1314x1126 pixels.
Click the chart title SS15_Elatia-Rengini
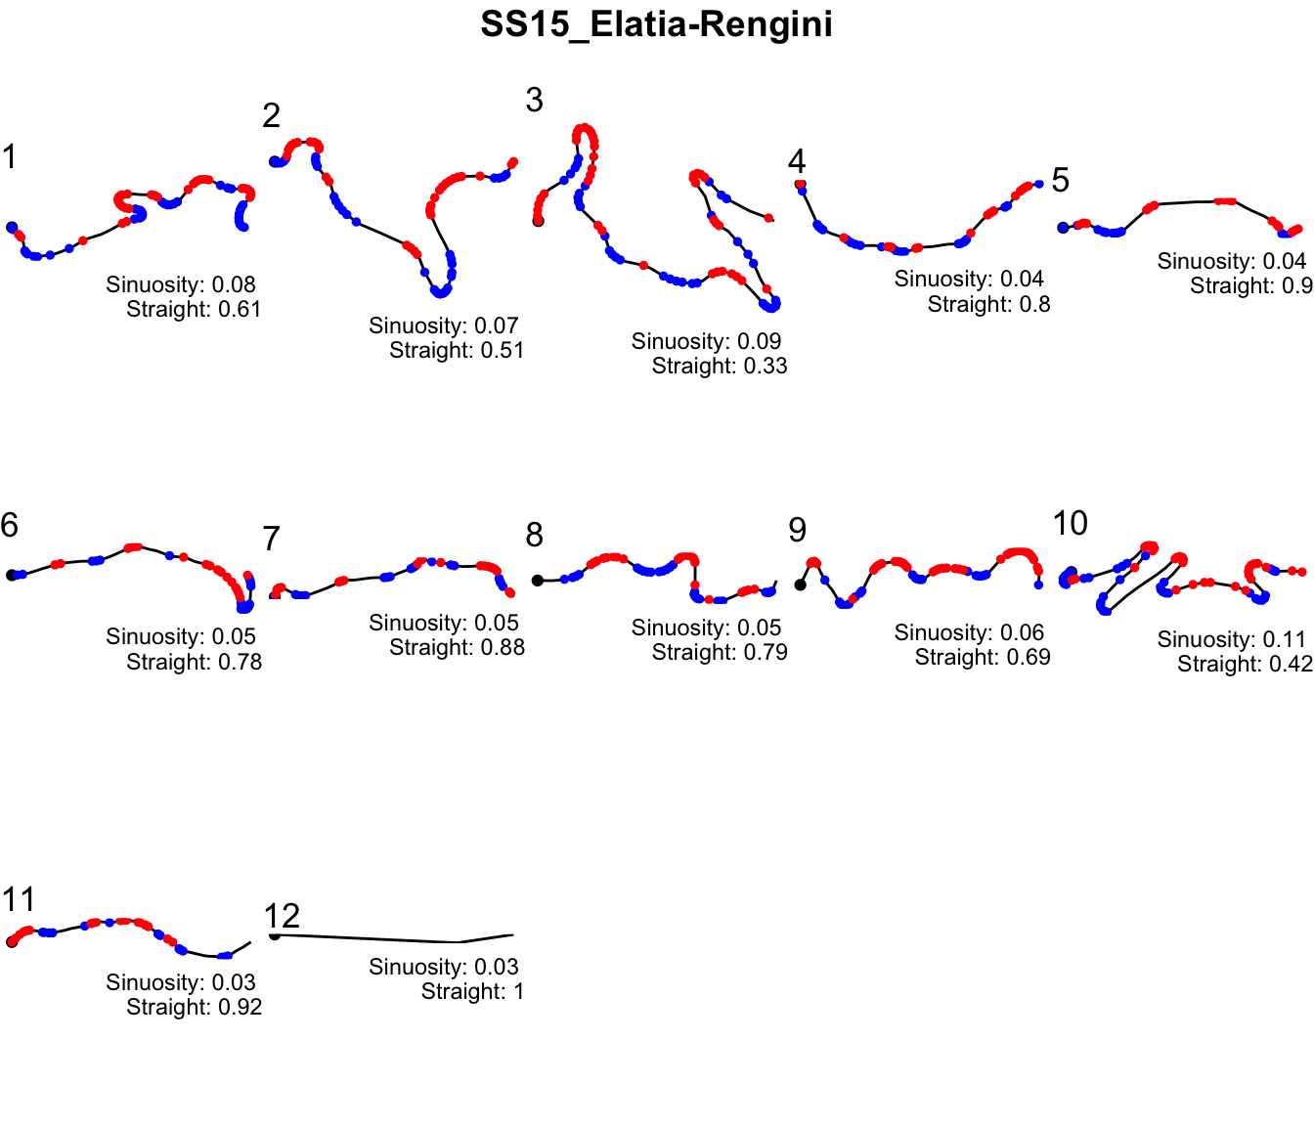pos(656,24)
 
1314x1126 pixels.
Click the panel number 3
pos(534,100)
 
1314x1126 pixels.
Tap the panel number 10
pos(1071,524)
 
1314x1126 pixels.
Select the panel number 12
pos(282,916)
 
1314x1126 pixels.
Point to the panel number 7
pos(272,539)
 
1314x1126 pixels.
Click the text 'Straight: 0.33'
pos(719,367)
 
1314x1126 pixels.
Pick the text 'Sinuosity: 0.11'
pos(1231,639)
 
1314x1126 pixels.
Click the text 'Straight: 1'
pos(472,992)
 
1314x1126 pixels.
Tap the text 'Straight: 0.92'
pos(194,1008)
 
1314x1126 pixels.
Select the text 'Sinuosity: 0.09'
pos(706,341)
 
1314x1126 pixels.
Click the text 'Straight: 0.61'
pos(194,310)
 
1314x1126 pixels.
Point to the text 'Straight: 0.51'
pos(457,351)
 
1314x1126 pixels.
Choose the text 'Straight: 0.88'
pos(457,648)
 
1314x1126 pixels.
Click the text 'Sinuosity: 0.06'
pos(969,632)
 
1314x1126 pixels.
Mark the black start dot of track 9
pos(800,585)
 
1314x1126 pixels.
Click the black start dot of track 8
pos(537,581)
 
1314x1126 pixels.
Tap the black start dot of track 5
pos(1063,228)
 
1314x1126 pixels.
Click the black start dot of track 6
pos(12,576)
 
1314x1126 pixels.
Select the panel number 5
pos(1061,181)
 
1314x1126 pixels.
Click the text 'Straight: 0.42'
pos(1244,665)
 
